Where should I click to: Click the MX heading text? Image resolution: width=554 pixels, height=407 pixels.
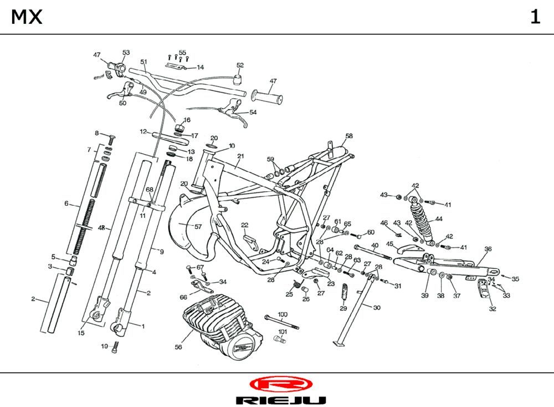point(27,17)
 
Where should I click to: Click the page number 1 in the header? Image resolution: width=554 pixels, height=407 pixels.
point(535,17)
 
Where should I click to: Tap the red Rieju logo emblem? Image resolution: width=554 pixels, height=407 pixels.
point(280,384)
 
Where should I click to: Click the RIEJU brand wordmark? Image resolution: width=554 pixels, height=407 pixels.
point(280,400)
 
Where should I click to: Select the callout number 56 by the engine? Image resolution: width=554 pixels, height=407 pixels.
point(178,347)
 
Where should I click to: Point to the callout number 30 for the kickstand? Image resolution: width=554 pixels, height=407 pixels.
point(377,307)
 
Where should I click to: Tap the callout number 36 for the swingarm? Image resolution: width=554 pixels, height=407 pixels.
point(488,249)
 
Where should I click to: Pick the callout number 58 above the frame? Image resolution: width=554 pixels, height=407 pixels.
point(348,136)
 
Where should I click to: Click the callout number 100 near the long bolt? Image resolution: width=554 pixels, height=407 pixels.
point(283,314)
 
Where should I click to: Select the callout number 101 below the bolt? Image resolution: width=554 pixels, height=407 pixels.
point(283,332)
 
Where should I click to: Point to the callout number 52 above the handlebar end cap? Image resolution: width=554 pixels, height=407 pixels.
point(240,65)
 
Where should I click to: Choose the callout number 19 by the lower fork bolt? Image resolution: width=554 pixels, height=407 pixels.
point(104,346)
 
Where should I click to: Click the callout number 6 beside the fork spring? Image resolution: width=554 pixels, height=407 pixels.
point(66,203)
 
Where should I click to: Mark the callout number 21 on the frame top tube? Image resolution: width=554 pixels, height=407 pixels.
point(240,156)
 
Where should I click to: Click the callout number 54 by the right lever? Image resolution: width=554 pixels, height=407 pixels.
point(253,112)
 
